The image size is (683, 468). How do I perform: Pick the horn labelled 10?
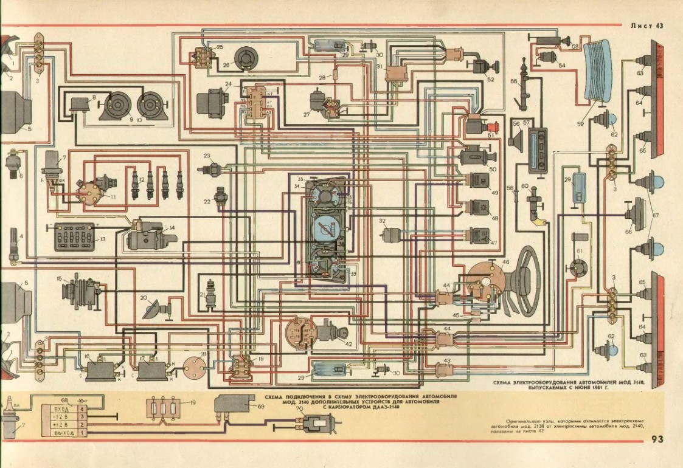(x=148, y=106)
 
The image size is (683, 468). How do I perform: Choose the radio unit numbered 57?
(x=538, y=150)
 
